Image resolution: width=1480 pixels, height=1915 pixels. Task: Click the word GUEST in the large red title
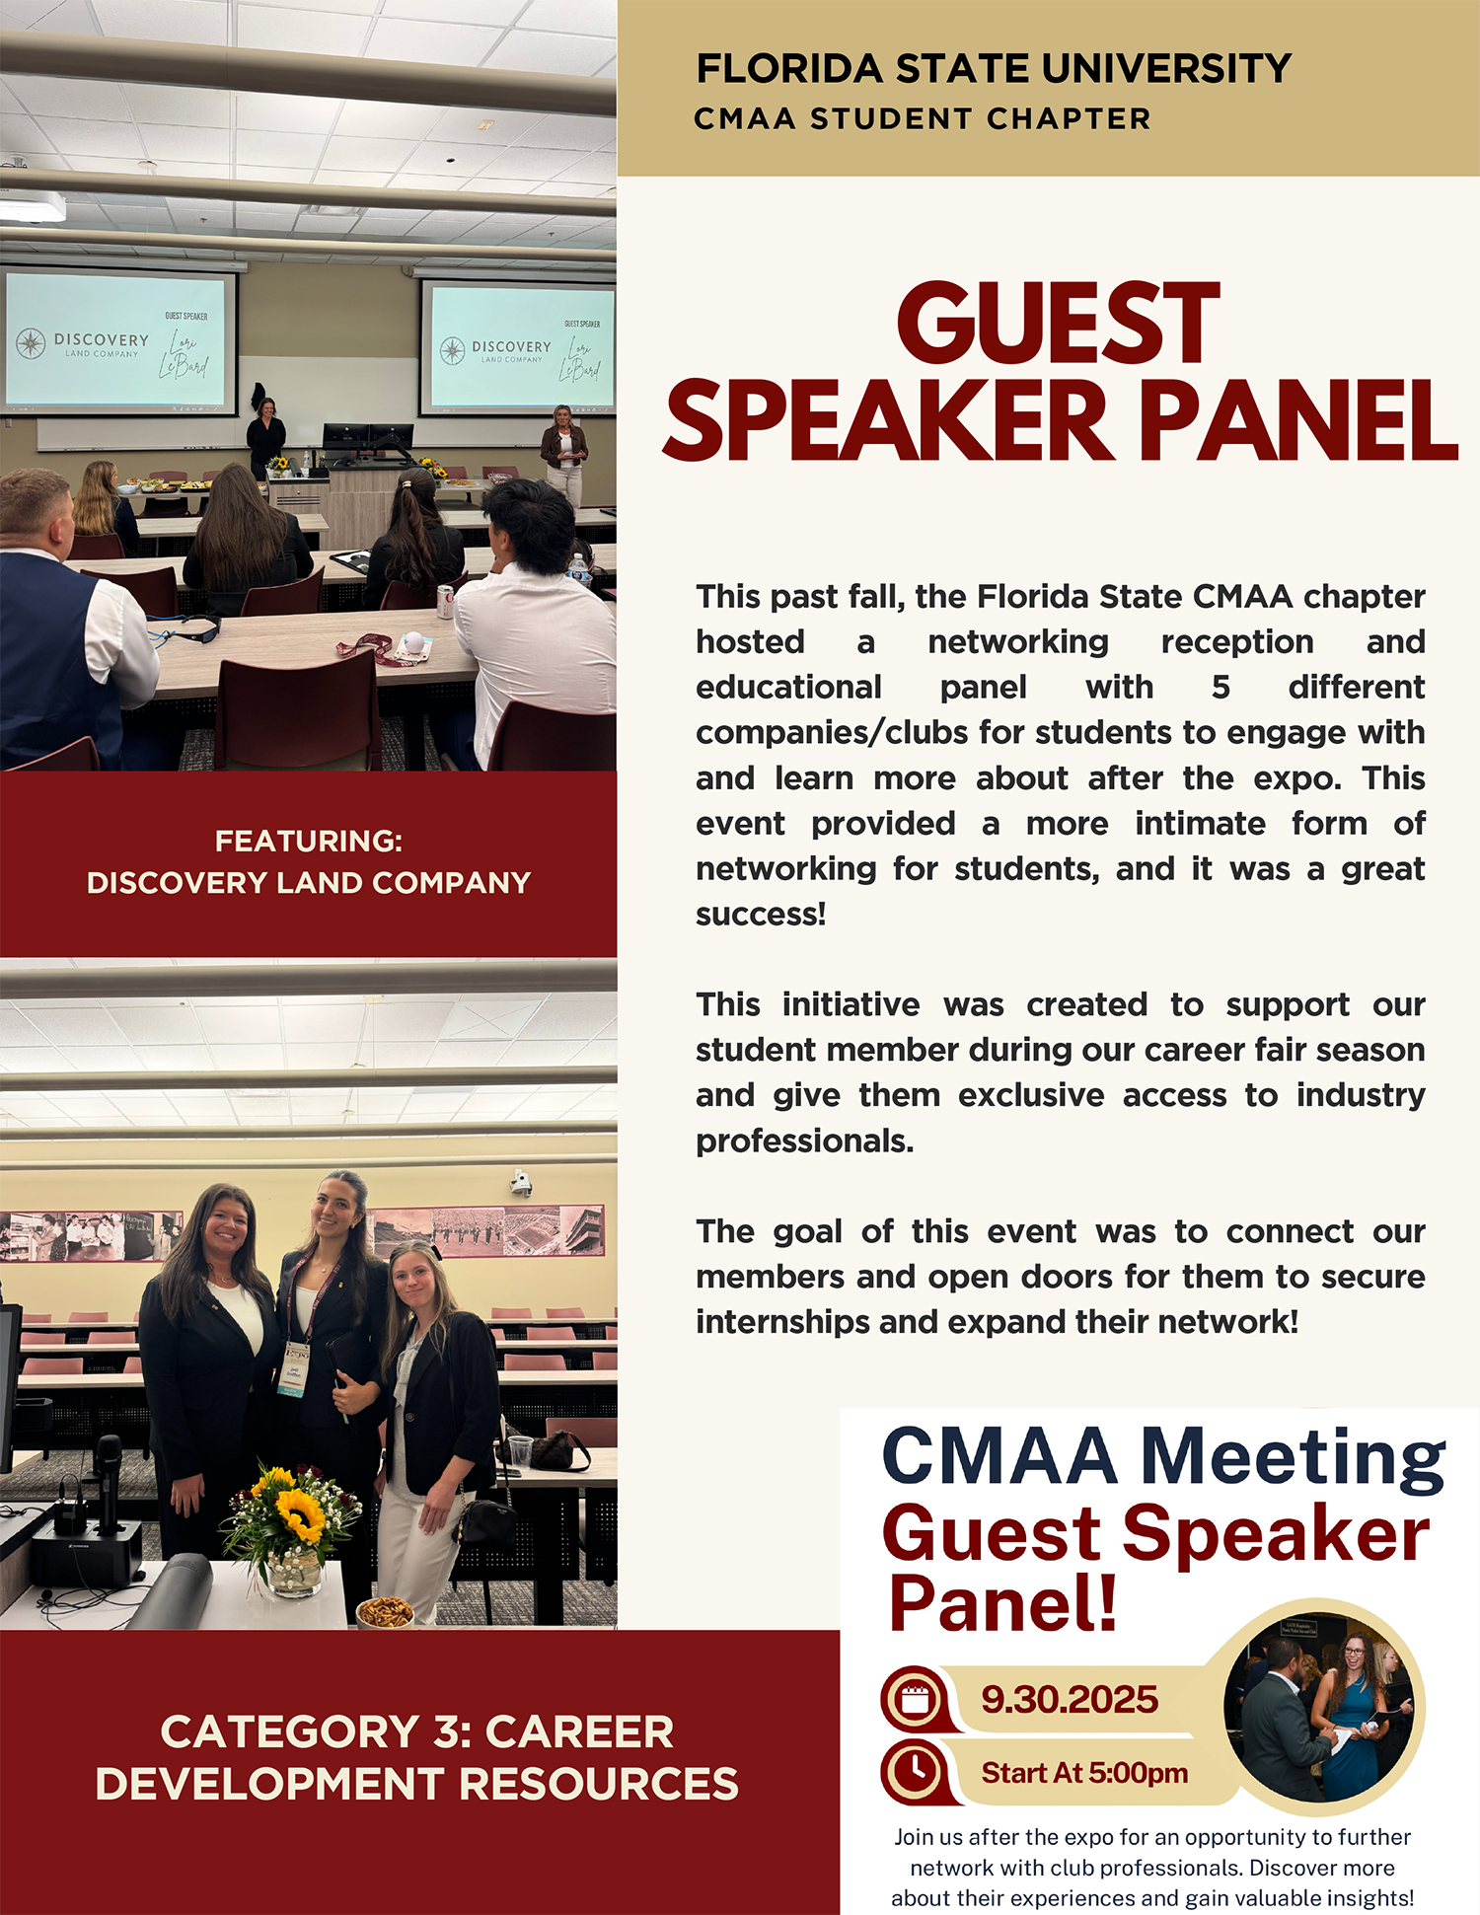pyautogui.click(x=1058, y=324)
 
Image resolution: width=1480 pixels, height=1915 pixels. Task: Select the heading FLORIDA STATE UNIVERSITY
pyautogui.click(x=994, y=68)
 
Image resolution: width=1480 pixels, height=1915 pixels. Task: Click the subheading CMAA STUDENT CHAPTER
pyautogui.click(x=922, y=118)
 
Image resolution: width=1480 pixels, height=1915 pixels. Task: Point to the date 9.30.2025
pyautogui.click(x=1070, y=1699)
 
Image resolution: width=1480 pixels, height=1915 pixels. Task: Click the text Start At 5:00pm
pyautogui.click(x=1084, y=1773)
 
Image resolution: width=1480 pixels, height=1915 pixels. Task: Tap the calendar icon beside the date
pyautogui.click(x=917, y=1699)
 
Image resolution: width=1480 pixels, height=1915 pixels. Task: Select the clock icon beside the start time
pyautogui.click(x=917, y=1771)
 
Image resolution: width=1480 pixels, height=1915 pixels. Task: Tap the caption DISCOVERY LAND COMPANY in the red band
pyautogui.click(x=309, y=882)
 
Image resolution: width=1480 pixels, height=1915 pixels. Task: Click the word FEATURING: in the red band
pyautogui.click(x=309, y=841)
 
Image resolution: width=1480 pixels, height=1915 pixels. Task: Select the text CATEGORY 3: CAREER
pyautogui.click(x=417, y=1731)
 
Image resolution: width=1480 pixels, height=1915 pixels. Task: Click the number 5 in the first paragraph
pyautogui.click(x=1221, y=687)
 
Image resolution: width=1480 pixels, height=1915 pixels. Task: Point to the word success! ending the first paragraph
pyautogui.click(x=761, y=914)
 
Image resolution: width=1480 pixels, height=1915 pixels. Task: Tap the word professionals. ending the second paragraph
pyautogui.click(x=805, y=1142)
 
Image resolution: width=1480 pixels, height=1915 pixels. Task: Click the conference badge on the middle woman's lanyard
pyautogui.click(x=293, y=1369)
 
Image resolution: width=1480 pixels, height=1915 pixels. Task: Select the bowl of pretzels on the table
pyautogui.click(x=385, y=1612)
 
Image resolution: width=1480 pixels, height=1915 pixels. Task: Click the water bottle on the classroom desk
pyautogui.click(x=580, y=571)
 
